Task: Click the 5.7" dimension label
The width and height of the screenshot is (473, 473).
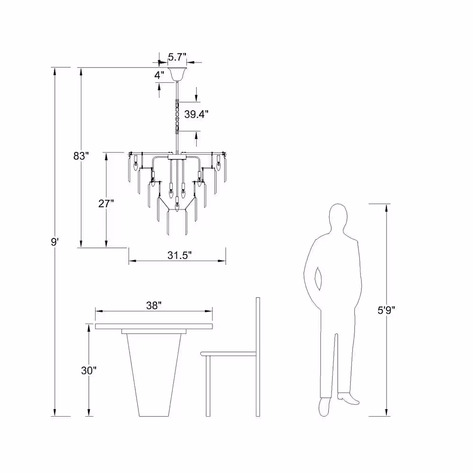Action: pos(177,57)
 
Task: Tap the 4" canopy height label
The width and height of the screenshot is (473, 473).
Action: pos(159,75)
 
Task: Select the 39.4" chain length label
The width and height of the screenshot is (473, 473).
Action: pos(196,114)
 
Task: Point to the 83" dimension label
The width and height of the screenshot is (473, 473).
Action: pos(81,156)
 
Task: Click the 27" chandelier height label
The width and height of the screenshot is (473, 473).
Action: pos(106,203)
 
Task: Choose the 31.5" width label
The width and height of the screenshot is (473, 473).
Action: pos(179,255)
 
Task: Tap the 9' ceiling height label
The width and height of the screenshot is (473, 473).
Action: pos(54,242)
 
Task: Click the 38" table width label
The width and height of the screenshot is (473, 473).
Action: pos(154,306)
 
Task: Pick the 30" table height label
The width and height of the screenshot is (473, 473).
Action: pos(89,370)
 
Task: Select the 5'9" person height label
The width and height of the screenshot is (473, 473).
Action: pos(386,310)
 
